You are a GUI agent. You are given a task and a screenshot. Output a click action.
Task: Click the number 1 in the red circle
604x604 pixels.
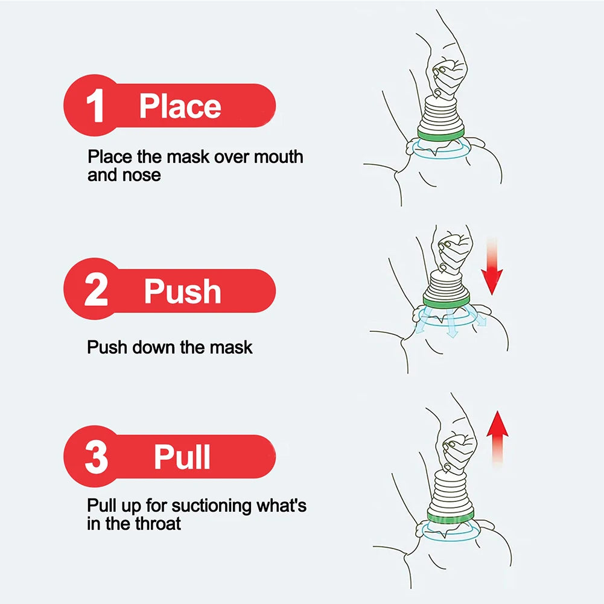[x=96, y=107]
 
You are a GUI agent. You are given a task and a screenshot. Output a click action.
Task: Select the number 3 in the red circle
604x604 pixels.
[x=96, y=457]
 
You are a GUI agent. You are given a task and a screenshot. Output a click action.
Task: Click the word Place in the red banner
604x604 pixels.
[x=180, y=106]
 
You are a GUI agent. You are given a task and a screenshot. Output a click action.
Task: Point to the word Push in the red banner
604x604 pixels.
[x=182, y=291]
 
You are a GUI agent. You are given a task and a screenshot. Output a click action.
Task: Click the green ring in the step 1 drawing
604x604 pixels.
[x=440, y=133]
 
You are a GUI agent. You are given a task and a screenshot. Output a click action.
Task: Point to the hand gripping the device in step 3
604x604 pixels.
[x=456, y=450]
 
